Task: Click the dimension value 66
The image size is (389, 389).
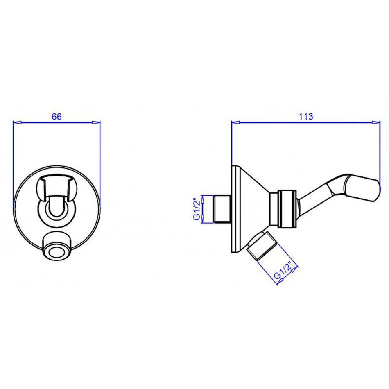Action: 57,116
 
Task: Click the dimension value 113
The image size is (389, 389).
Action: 305,116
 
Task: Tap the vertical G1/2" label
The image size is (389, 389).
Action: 197,209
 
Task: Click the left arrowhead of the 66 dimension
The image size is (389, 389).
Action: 17,122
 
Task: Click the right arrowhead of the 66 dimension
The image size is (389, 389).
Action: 96,122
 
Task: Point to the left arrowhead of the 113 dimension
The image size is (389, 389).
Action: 235,122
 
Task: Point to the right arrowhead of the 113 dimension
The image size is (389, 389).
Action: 375,122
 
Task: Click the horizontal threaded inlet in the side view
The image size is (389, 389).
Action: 222,209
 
